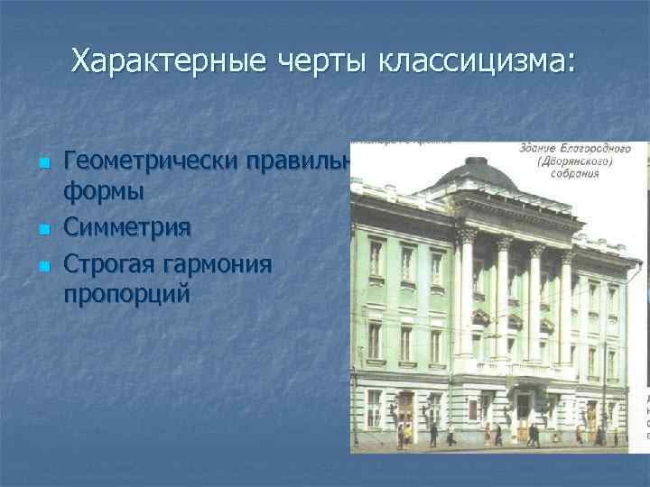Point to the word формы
tap(104, 192)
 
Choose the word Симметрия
tap(127, 226)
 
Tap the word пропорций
tap(126, 294)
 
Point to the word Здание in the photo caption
tap(540, 147)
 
